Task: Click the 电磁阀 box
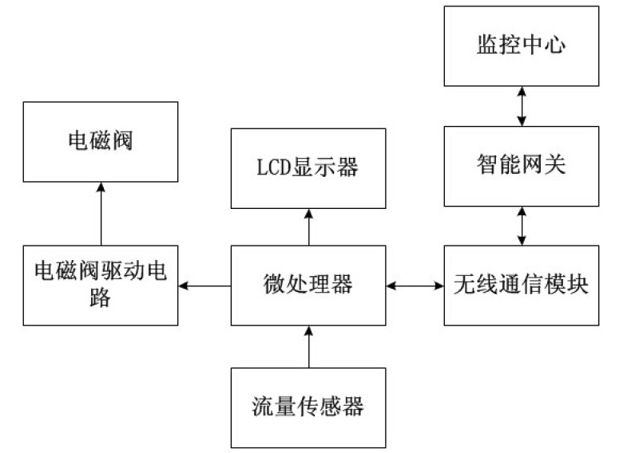click(101, 141)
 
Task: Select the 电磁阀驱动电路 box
click(101, 285)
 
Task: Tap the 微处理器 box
click(308, 285)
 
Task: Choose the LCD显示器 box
click(308, 167)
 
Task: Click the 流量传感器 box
click(308, 407)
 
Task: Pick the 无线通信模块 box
click(521, 285)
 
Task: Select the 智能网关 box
click(521, 166)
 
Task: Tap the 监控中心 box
click(521, 45)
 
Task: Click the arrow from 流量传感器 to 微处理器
click(308, 346)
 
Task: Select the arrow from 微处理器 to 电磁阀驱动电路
click(204, 285)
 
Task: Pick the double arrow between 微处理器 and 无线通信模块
click(414, 285)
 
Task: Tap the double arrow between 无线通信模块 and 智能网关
click(521, 226)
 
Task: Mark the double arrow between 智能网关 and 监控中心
click(521, 105)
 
